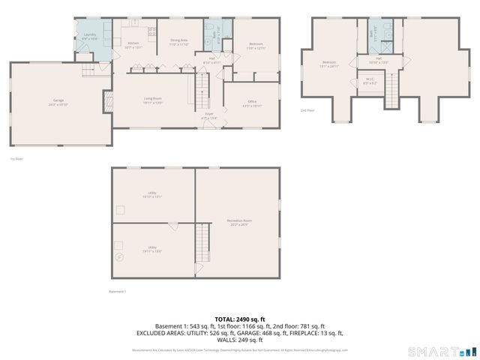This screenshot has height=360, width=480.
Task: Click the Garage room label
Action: [x=59, y=103]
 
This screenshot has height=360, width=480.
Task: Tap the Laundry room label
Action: [x=89, y=36]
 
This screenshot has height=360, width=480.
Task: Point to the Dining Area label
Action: [x=178, y=42]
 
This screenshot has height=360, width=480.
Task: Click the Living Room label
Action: [x=153, y=101]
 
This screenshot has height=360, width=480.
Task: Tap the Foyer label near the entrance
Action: [x=208, y=117]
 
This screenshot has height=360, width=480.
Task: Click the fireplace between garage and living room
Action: [x=108, y=100]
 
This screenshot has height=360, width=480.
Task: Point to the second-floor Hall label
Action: [x=379, y=60]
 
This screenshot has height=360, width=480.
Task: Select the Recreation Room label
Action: [x=239, y=222]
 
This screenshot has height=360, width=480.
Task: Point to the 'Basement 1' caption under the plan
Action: [x=118, y=291]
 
